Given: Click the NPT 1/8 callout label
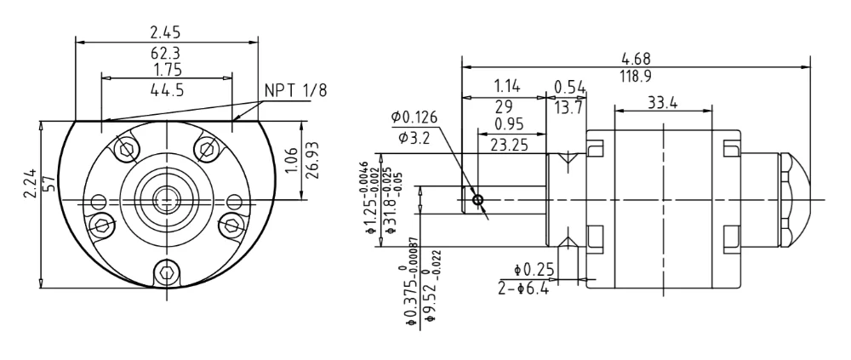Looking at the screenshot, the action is pos(296,91).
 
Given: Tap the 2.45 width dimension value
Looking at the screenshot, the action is pos(165,32).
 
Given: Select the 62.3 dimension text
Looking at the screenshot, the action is pos(165,54).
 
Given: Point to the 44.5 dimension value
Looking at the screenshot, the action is pos(167,89).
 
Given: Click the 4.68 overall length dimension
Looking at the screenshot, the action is pos(636,58).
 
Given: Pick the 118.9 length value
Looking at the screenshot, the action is pos(636,76).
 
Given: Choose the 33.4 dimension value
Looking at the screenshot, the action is pos(662,102).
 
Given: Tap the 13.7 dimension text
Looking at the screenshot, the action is pos(569,107).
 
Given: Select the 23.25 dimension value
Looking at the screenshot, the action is pos(510,145).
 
